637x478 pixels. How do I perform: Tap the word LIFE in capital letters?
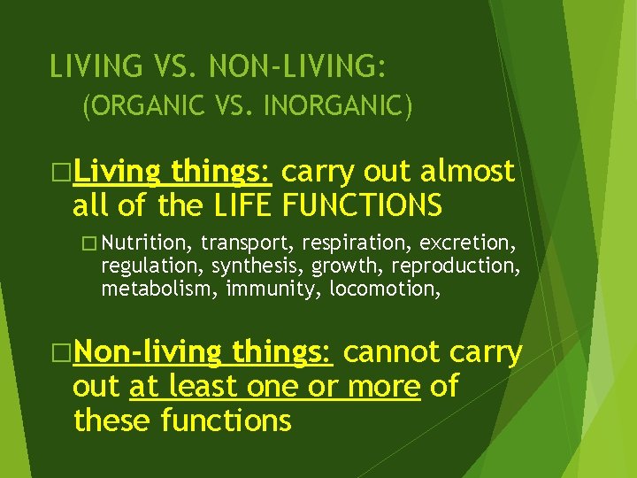click(245, 204)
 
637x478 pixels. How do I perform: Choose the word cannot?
click(392, 351)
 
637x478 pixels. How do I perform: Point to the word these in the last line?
click(112, 421)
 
